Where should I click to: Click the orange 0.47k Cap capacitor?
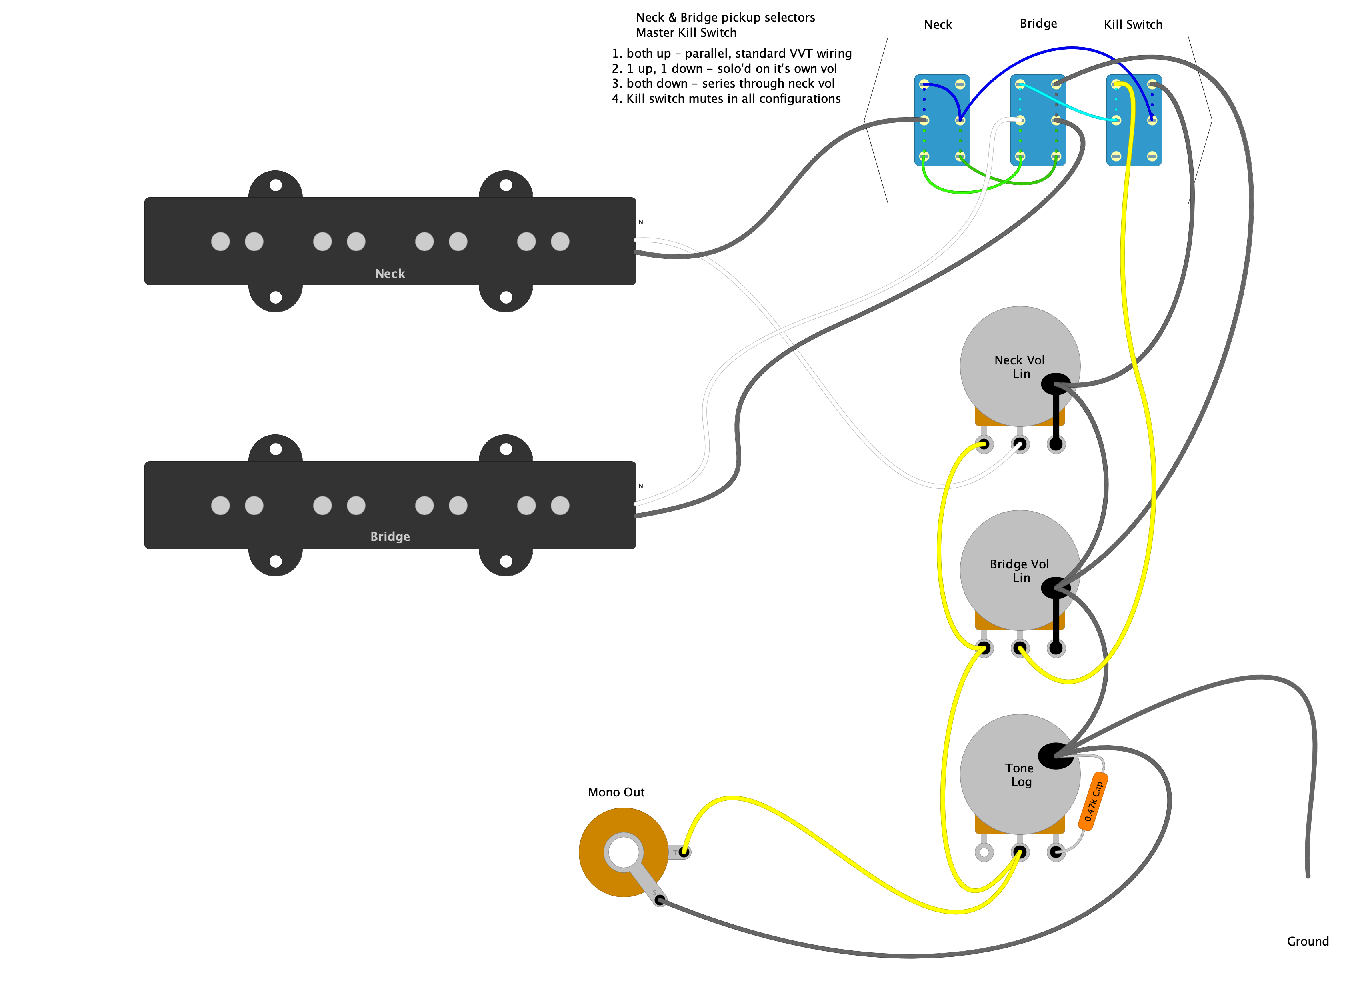[1093, 801]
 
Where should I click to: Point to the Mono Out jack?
[623, 852]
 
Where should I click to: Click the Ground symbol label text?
[1308, 941]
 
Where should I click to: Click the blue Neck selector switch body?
[942, 120]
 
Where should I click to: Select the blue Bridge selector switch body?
[1038, 120]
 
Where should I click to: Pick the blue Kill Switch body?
[1134, 120]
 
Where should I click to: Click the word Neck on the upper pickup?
[390, 274]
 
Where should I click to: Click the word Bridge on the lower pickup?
[390, 536]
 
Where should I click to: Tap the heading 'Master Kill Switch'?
[686, 33]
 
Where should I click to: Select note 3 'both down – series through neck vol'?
[723, 83]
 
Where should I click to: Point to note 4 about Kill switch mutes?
[726, 98]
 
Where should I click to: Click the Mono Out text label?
[616, 792]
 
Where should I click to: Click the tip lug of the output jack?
[683, 852]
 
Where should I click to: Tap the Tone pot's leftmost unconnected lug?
[984, 852]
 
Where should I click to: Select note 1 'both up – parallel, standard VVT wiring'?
[732, 53]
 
